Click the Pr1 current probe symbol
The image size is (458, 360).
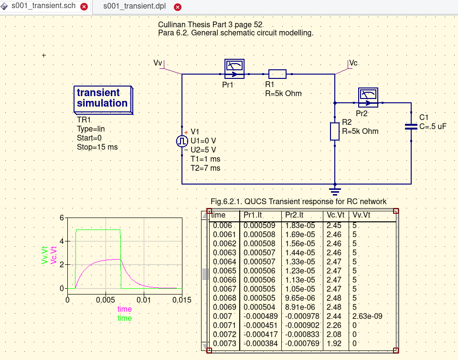[234, 69]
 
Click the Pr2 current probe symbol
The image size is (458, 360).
[368, 98]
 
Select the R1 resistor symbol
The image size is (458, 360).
[277, 74]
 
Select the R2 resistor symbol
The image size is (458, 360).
[335, 131]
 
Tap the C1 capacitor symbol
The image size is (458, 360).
[411, 127]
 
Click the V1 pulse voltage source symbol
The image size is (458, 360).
[182, 141]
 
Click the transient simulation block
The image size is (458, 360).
[103, 98]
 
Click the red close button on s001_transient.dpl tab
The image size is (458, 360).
[178, 7]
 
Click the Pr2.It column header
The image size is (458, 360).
[294, 216]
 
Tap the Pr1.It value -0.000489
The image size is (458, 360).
[259, 316]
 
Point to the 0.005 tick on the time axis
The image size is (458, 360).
[106, 299]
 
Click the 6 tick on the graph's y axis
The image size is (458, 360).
[62, 218]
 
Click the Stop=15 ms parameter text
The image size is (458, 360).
[97, 147]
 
